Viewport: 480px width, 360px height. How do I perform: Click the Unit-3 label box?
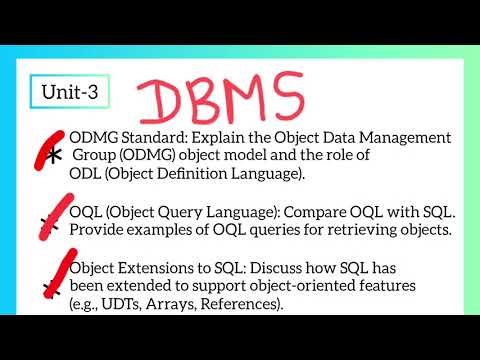[x=70, y=92]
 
